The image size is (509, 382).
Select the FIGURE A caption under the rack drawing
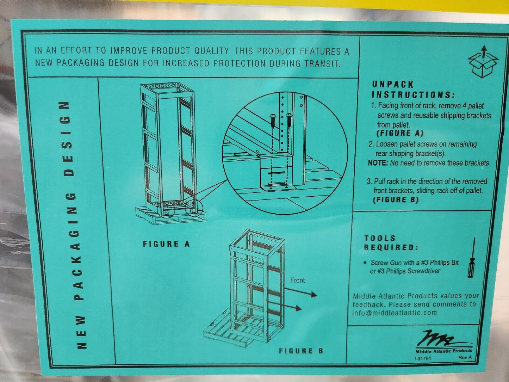[x=166, y=244]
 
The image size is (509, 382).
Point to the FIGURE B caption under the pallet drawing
[x=301, y=351]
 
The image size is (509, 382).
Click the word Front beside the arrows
[x=297, y=281]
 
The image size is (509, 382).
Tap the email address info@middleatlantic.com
[x=395, y=313]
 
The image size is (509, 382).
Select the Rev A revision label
[x=465, y=357]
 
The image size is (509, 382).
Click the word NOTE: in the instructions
[x=378, y=163]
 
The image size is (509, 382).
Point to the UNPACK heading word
[x=393, y=85]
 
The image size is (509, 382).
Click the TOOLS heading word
[x=380, y=238]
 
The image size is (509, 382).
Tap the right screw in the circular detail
[x=289, y=121]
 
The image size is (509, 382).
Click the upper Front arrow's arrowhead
[x=314, y=294]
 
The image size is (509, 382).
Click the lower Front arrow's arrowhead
[x=299, y=308]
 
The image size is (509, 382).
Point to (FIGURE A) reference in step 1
[x=400, y=133]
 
